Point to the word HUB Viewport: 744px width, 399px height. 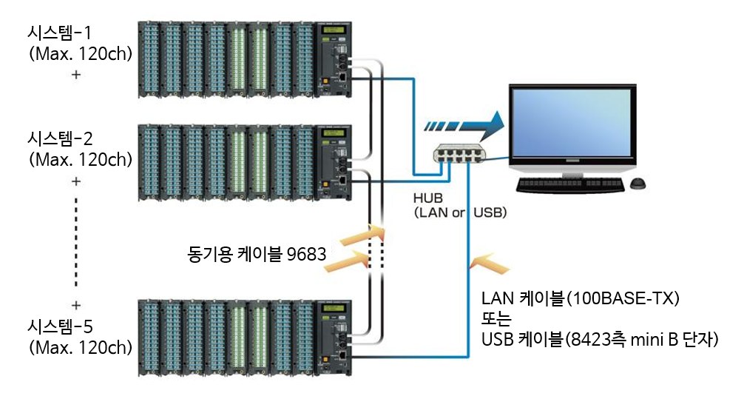pos(429,199)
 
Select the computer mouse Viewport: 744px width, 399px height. pos(640,182)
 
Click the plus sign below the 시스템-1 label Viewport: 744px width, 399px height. pos(76,75)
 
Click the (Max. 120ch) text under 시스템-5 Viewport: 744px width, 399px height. pos(79,346)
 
